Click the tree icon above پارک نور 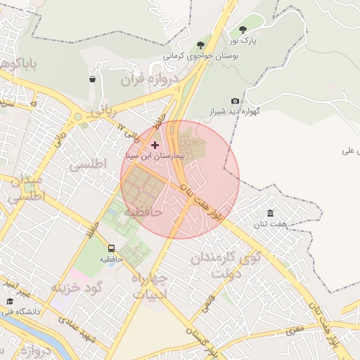click(243, 30)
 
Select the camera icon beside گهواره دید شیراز click(235, 101)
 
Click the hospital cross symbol click(155, 145)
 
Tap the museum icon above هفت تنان click(270, 213)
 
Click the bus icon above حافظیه click(111, 248)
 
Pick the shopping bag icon click(92, 79)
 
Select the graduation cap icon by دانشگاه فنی click(9, 302)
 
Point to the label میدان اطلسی click(25, 189)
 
